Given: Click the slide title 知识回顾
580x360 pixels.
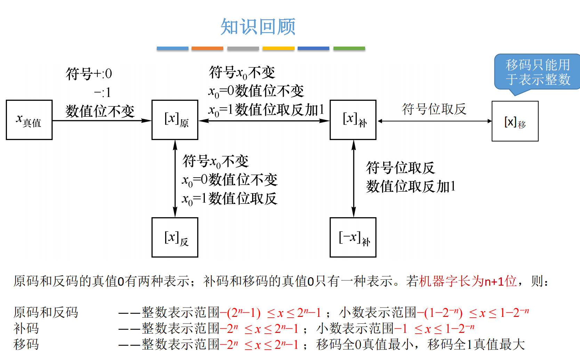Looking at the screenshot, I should coord(258,27).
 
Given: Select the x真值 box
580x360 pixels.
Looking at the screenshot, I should coord(29,120).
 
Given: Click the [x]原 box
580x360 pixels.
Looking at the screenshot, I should coord(175,120).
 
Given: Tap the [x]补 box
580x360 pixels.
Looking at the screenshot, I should coord(353,120).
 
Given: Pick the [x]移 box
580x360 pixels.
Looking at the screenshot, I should coord(515,121).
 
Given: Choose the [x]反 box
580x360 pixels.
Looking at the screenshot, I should coord(175,237).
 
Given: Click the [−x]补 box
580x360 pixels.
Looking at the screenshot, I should coord(353,237).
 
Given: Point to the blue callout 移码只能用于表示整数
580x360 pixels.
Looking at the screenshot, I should coord(538,72).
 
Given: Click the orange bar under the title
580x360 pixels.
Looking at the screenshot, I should coord(207,48).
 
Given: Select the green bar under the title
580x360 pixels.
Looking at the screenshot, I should coord(349,48).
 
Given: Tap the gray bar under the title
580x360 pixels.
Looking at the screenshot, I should coord(243,48).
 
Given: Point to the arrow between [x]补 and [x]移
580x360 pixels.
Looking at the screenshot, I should coord(434,121).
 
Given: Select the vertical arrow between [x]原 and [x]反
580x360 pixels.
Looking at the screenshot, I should coord(175,179).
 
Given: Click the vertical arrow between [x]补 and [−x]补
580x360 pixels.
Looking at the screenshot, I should coord(354,179).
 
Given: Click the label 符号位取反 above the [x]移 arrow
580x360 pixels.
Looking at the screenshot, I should coord(434,109).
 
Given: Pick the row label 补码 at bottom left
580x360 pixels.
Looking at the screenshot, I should coord(26,328).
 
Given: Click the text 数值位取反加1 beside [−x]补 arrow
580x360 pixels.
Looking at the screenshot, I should coord(411,187).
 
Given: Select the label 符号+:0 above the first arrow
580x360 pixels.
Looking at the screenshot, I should coord(89,74).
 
